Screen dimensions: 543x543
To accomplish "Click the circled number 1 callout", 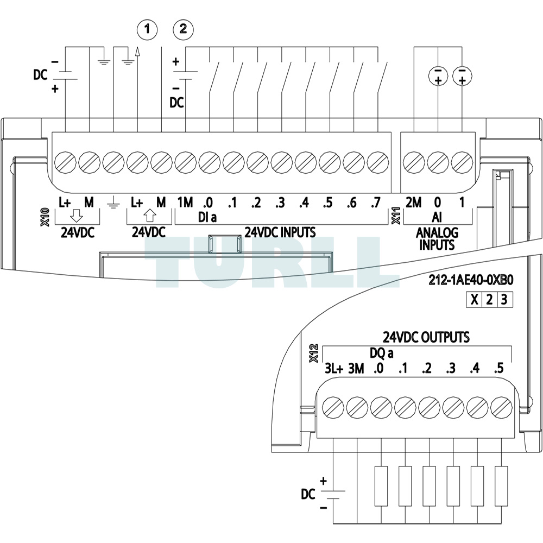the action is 147,29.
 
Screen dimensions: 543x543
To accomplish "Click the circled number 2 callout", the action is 183,29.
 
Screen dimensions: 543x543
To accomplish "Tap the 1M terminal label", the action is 185,202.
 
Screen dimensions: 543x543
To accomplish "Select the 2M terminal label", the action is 413,202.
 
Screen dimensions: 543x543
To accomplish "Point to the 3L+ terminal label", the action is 334,369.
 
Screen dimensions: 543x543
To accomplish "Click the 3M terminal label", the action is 356,369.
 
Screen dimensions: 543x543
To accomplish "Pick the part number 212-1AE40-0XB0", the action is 471,280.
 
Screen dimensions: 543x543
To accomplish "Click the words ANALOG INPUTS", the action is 437,238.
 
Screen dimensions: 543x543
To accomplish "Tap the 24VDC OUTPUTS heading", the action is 426,337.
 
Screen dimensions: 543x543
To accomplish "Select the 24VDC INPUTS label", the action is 280,232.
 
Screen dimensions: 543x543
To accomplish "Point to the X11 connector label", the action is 396,216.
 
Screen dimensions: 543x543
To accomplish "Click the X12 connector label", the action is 314,353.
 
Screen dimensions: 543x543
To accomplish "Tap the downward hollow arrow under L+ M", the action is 77,216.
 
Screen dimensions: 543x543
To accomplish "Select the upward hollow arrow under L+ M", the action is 149,216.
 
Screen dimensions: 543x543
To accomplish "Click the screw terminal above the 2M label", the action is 414,162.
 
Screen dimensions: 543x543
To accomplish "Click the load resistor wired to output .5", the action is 501,486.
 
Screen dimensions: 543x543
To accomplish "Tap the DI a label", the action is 207,218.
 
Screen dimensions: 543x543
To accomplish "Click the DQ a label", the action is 382,353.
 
